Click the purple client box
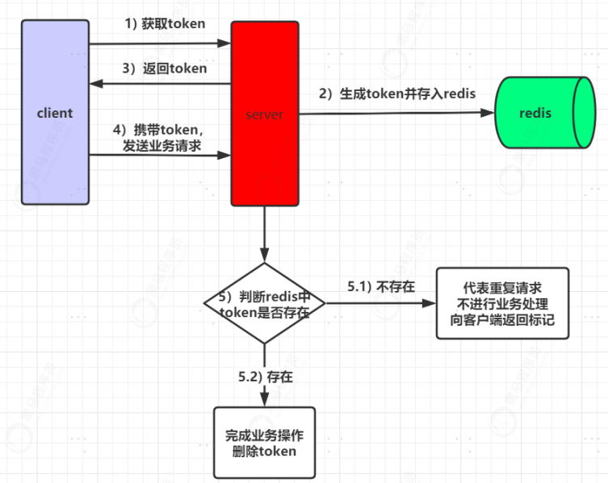pyautogui.click(x=55, y=113)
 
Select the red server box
pyautogui.click(x=264, y=114)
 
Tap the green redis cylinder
pyautogui.click(x=541, y=113)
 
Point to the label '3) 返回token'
pyautogui.click(x=164, y=69)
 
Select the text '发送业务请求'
pyautogui.click(x=161, y=146)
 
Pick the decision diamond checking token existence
pyautogui.click(x=264, y=303)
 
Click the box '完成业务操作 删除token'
pyautogui.click(x=264, y=443)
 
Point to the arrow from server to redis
pyautogui.click(x=396, y=114)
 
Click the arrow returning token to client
pyautogui.click(x=161, y=81)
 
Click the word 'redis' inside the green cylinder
pyautogui.click(x=535, y=113)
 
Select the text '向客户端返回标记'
pyautogui.click(x=502, y=320)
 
